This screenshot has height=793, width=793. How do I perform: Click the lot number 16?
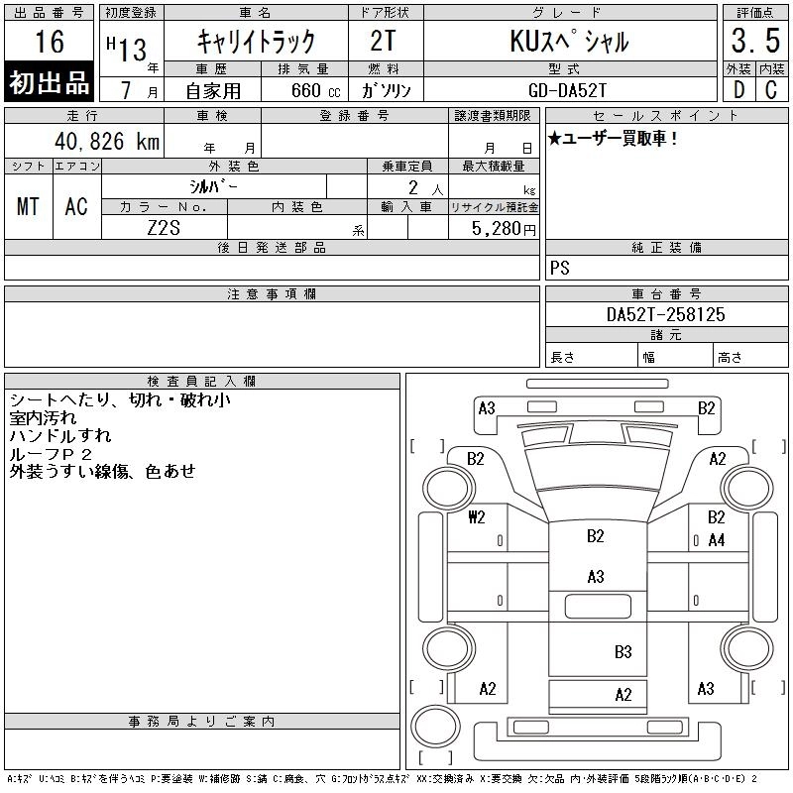50,41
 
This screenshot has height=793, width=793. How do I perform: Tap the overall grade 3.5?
755,41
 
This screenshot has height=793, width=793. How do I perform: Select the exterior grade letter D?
738,90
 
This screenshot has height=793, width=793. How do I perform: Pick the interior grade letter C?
771,90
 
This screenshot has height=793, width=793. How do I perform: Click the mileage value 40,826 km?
107,141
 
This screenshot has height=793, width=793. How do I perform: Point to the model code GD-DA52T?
567,90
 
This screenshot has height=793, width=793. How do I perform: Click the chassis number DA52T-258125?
665,314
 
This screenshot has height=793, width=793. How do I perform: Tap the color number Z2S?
164,228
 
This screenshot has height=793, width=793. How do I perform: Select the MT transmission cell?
28,206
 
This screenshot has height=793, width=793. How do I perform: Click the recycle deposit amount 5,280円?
504,229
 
